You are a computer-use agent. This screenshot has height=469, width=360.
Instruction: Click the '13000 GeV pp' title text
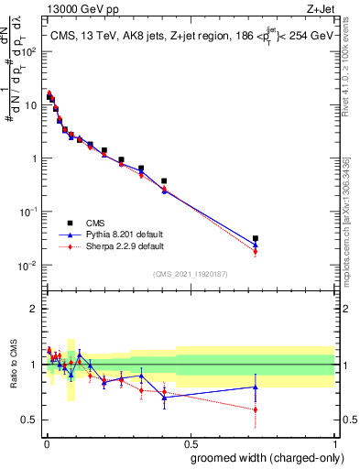click(x=81, y=8)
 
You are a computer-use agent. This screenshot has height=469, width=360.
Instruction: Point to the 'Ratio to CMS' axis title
click(x=14, y=377)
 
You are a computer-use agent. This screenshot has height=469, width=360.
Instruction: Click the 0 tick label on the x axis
click(x=45, y=443)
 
